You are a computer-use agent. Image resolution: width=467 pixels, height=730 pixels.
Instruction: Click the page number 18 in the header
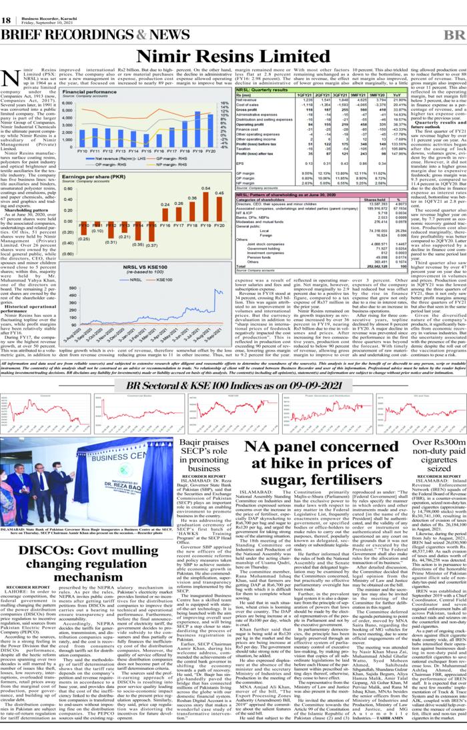(7, 20)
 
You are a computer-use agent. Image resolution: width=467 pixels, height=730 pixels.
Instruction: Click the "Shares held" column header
(366, 219)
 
